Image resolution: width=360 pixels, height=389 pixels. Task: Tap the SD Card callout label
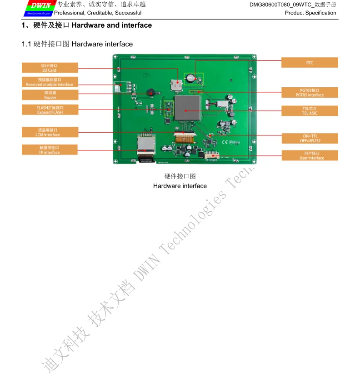coord(50,68)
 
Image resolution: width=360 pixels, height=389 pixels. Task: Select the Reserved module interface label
coord(50,82)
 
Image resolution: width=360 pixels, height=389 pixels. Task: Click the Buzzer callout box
coord(50,95)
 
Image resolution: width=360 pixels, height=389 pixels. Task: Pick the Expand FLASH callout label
coord(50,110)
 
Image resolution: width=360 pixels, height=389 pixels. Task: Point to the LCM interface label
coord(50,132)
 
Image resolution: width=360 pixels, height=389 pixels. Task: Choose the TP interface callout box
coord(50,150)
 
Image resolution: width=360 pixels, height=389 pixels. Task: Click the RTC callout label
coord(310,63)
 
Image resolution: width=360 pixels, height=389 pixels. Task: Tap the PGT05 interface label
coord(310,93)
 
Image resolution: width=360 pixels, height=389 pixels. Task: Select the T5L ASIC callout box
coord(310,111)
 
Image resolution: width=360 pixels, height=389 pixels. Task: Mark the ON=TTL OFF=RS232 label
coord(310,139)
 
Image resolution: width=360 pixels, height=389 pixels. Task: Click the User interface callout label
coord(310,155)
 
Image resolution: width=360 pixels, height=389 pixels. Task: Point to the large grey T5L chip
coord(187,110)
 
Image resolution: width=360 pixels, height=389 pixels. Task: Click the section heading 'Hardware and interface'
coord(112,25)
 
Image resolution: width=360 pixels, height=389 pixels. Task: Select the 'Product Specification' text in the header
coord(310,13)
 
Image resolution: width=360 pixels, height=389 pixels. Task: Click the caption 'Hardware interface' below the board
coord(180,186)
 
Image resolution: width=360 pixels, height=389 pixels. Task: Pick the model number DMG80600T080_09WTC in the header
coord(281,5)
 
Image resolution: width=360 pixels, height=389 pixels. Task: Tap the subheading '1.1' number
coord(27,44)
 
